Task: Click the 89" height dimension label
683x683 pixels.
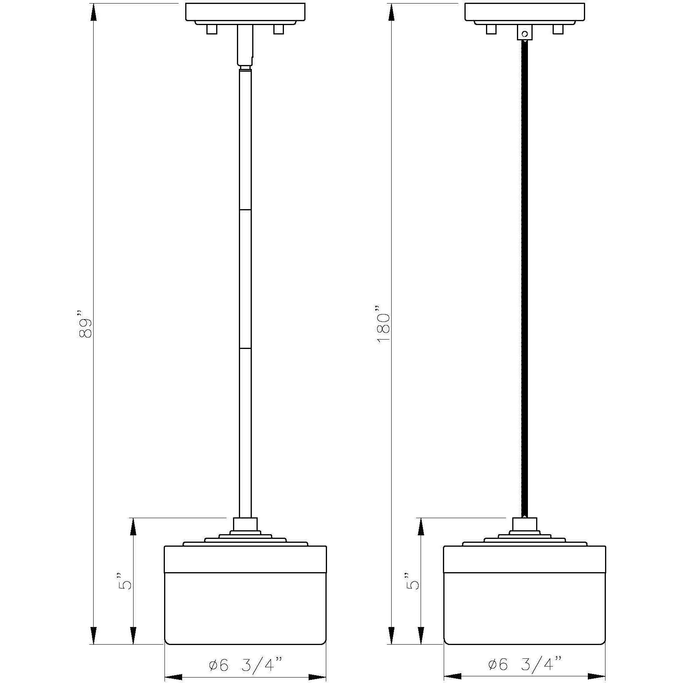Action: [x=85, y=323]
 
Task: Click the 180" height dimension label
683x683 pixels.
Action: [x=383, y=323]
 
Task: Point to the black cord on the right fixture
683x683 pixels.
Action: [x=525, y=274]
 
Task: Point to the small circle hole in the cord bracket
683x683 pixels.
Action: [x=525, y=34]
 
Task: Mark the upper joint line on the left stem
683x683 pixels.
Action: [x=245, y=210]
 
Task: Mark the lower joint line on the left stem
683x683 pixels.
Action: [x=245, y=348]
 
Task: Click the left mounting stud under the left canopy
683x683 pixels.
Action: [x=211, y=29]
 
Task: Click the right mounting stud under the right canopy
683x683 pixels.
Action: [x=558, y=29]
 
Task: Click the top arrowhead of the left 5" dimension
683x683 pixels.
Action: [x=134, y=527]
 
